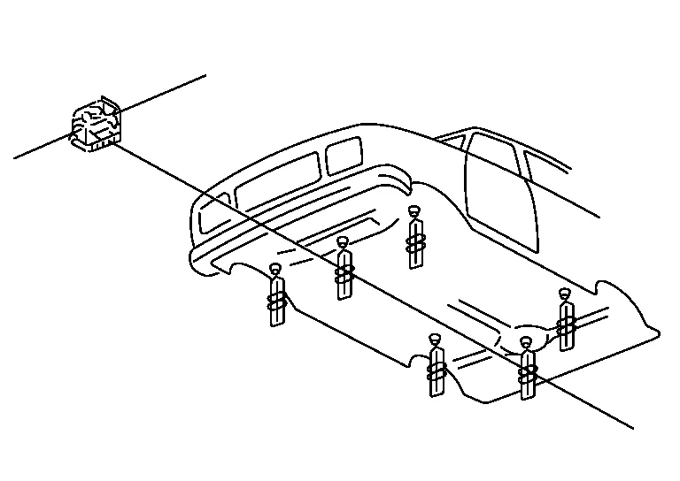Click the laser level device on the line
point(96,124)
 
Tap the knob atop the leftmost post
point(274,269)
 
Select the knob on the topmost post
point(413,210)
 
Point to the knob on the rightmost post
point(565,294)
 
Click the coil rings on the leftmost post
point(276,302)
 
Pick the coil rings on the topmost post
point(414,240)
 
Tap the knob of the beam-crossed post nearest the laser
point(344,242)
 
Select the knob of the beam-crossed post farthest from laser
point(527,341)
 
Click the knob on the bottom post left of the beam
point(434,339)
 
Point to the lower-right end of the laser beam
point(632,428)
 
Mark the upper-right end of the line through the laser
point(205,75)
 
